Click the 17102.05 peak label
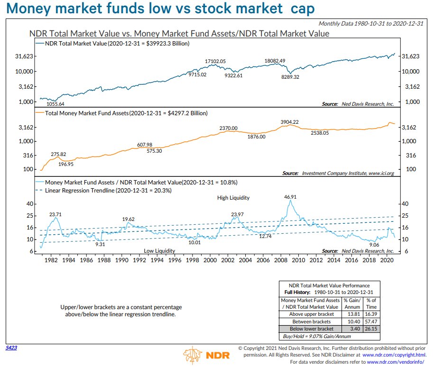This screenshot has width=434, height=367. click(x=215, y=62)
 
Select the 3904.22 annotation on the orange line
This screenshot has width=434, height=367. click(x=289, y=122)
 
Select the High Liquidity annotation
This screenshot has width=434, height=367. click(x=233, y=198)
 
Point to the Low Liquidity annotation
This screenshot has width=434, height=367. click(x=159, y=251)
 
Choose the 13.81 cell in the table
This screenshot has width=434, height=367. click(x=352, y=314)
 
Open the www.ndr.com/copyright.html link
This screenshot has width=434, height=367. click(x=393, y=354)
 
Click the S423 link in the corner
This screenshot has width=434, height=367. click(x=11, y=348)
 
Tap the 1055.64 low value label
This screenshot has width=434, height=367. click(x=55, y=104)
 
